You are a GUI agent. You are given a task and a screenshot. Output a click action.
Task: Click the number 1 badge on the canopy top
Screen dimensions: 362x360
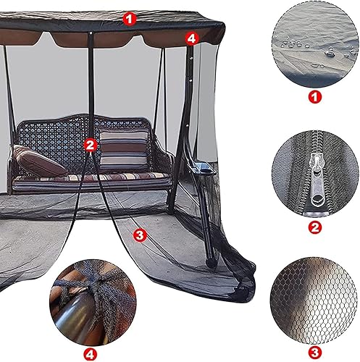pyautogui.click(x=129, y=18)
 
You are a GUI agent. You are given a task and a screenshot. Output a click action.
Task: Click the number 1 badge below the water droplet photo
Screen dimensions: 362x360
pyautogui.click(x=314, y=95)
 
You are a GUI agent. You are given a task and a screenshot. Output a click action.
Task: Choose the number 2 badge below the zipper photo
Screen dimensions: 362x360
pyautogui.click(x=314, y=227)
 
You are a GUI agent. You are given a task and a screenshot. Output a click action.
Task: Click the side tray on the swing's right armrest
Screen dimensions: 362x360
pyautogui.click(x=202, y=171)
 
